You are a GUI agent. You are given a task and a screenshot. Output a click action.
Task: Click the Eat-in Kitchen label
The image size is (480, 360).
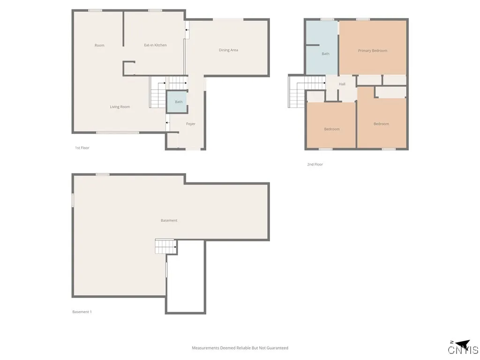coord(155,45)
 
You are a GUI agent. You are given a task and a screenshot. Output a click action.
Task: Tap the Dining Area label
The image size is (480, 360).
coord(228,50)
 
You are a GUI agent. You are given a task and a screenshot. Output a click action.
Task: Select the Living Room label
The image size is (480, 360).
coord(120,107)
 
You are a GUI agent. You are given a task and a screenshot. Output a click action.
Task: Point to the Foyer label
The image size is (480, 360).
coord(190,124)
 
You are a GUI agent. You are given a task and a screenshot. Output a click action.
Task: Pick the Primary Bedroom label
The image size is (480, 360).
coord(373,51)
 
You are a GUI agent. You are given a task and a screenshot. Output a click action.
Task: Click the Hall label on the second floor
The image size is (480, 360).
coord(342,84)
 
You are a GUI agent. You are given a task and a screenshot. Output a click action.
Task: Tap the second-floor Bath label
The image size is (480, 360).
coord(325,54)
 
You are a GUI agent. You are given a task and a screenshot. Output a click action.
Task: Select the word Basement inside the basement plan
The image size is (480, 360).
coord(169,220)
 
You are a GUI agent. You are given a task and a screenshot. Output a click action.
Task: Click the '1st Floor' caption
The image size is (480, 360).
coord(82,148)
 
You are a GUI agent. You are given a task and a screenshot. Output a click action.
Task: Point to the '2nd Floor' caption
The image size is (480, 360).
coord(315,165)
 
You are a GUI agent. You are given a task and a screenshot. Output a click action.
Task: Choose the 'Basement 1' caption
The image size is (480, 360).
coord(82,312)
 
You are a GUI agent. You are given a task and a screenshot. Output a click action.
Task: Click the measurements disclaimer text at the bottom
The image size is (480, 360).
coord(240,348)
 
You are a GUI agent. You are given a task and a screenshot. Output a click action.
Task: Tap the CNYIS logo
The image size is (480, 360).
coord(463,348)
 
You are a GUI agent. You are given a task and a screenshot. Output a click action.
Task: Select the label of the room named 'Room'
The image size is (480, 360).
coord(99,45)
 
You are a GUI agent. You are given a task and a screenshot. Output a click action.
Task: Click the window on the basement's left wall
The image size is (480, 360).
coord(73,200)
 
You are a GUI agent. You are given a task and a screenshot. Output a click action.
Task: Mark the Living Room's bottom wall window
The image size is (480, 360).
coord(118,133)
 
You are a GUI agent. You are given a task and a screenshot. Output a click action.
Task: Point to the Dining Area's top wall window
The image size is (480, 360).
coord(228,19)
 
